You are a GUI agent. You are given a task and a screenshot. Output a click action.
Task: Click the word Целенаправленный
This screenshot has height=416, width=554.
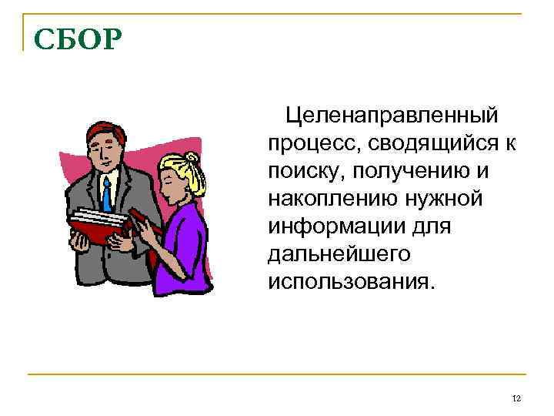coord(392,116)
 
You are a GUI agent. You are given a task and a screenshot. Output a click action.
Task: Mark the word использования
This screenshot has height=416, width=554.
coord(351,281)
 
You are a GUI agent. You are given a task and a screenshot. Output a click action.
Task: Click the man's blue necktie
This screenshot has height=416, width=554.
coord(107,193)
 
